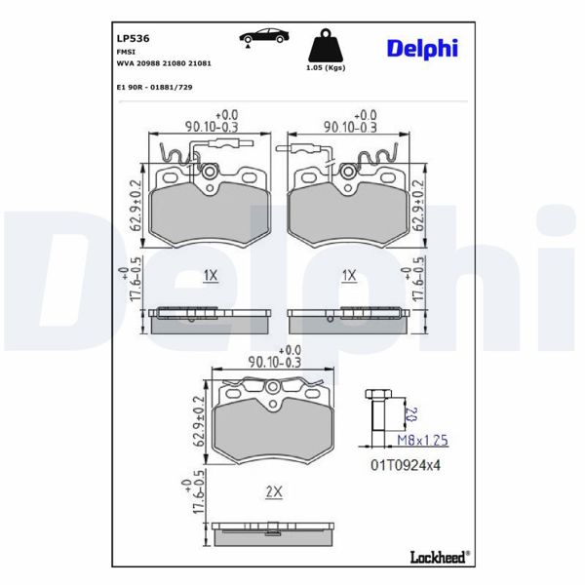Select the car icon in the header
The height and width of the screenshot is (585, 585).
click(x=266, y=36)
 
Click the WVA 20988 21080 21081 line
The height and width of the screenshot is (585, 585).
click(x=164, y=61)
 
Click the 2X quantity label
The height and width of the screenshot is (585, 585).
click(x=274, y=492)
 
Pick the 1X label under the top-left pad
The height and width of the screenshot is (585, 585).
click(x=210, y=276)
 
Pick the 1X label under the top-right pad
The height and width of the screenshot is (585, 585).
click(x=349, y=276)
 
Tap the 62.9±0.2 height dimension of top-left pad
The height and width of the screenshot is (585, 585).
click(x=136, y=205)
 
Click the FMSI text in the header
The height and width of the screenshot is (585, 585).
click(x=126, y=50)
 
